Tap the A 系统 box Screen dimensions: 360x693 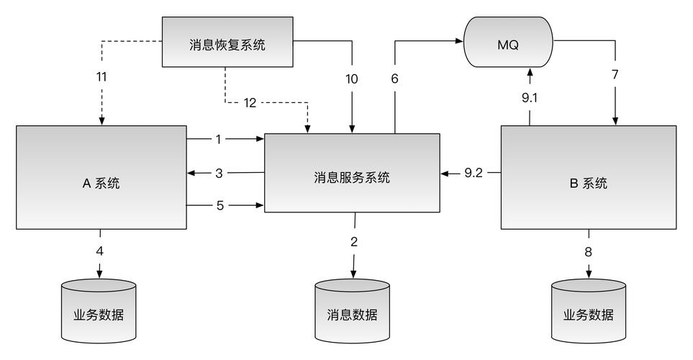(101, 183)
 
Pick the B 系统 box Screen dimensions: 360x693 (588, 183)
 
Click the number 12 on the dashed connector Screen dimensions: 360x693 (249, 102)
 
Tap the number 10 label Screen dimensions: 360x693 (351, 78)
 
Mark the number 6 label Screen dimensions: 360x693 (394, 78)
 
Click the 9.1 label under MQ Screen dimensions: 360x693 (530, 98)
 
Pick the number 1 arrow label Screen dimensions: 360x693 (218, 139)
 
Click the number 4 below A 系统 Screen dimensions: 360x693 (100, 251)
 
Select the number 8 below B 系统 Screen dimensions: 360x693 (589, 251)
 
